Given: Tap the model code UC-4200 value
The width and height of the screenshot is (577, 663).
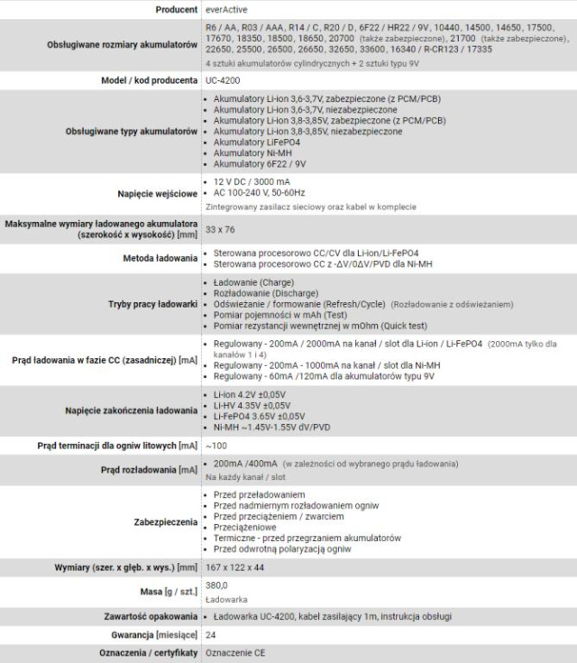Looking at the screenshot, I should tap(224, 80).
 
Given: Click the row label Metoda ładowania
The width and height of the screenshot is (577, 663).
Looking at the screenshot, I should tap(158, 257).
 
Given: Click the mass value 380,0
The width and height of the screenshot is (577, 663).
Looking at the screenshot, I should tap(217, 585).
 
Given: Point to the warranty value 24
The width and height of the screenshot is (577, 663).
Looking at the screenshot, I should tap(211, 634).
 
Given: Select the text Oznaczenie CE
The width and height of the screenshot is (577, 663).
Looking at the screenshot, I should tap(235, 653).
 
